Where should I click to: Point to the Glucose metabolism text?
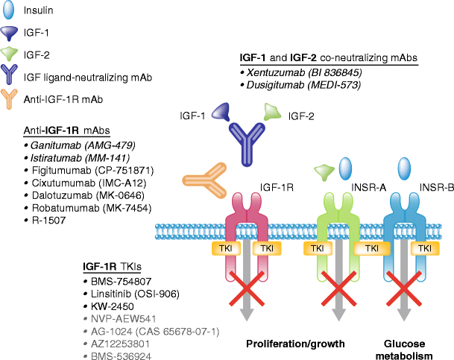click(x=406, y=349)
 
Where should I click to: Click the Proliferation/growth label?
click(x=295, y=344)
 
